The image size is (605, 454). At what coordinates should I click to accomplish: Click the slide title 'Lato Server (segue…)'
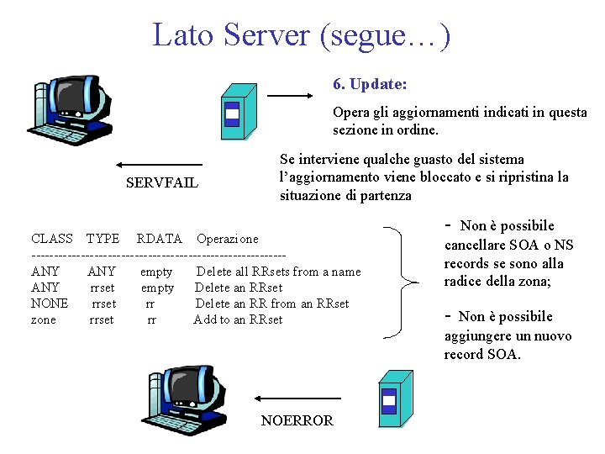(302, 35)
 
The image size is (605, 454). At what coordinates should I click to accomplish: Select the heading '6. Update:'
(370, 84)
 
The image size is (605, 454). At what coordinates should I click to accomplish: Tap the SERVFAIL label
(162, 182)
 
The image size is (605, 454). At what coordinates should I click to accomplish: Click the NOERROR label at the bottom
(297, 420)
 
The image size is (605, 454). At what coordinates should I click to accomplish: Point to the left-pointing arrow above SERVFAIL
(159, 164)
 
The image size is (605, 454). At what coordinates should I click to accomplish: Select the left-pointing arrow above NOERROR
(297, 398)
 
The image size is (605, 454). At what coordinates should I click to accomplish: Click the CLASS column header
(52, 239)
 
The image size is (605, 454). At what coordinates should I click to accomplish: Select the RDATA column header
(160, 239)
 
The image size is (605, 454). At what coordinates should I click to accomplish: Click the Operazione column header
(228, 239)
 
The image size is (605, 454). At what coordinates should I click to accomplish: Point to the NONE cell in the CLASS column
(50, 304)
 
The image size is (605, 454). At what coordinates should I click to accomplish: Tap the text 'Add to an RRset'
(239, 319)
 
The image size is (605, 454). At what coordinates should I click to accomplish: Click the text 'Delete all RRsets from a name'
(278, 272)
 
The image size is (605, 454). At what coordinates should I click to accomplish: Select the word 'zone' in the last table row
(44, 319)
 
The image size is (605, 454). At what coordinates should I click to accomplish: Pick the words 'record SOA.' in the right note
(482, 354)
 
